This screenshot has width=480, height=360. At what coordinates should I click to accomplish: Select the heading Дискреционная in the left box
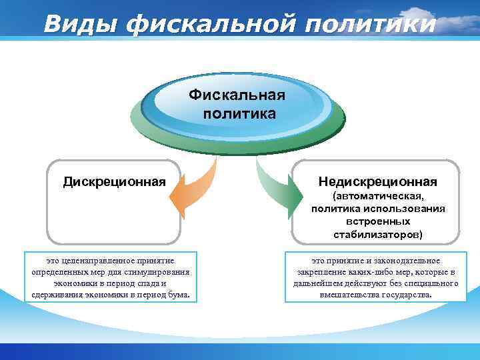(114, 181)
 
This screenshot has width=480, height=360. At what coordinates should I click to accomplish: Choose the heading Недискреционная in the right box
(377, 181)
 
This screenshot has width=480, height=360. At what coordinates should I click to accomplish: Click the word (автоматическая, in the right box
(377, 197)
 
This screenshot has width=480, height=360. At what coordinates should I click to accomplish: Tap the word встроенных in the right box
(378, 222)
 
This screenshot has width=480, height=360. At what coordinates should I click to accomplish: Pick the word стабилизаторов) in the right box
(378, 235)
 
